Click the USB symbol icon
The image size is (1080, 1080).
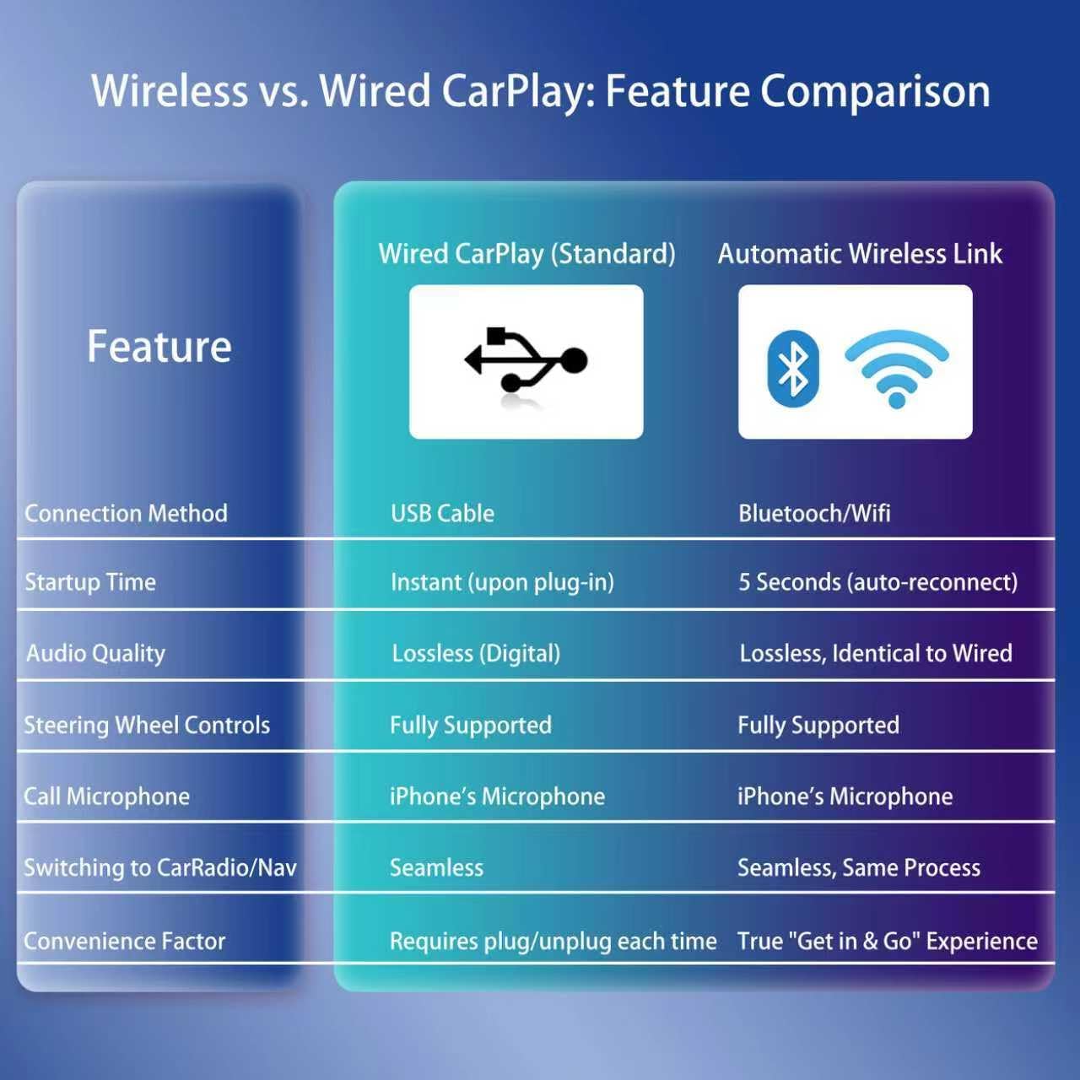pyautogui.click(x=526, y=360)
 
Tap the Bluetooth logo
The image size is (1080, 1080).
pyautogui.click(x=793, y=368)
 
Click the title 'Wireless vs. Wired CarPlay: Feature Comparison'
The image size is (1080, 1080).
pyautogui.click(x=540, y=91)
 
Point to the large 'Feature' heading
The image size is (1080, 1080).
pyautogui.click(x=159, y=346)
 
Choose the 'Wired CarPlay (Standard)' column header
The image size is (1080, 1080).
pyautogui.click(x=526, y=254)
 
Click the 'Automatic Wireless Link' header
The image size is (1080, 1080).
pyautogui.click(x=860, y=254)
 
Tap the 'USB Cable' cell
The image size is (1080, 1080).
pyautogui.click(x=442, y=513)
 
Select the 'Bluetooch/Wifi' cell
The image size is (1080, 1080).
pyautogui.click(x=814, y=513)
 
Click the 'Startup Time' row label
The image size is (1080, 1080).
pyautogui.click(x=90, y=582)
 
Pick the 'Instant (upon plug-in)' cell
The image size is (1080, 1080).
pyautogui.click(x=502, y=582)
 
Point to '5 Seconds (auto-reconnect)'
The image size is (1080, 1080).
pyautogui.click(x=877, y=582)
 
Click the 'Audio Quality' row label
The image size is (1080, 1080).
pyautogui.click(x=95, y=653)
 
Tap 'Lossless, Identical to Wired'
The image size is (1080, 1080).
pyautogui.click(x=876, y=653)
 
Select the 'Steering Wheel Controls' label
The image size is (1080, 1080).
pyautogui.click(x=147, y=725)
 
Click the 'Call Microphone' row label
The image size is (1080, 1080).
pyautogui.click(x=107, y=796)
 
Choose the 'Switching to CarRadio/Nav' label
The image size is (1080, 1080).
pyautogui.click(x=160, y=867)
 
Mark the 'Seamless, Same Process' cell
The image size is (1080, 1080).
pyautogui.click(x=859, y=867)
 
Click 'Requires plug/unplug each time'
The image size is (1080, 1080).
pyautogui.click(x=553, y=941)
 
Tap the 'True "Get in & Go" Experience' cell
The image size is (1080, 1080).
pyautogui.click(x=888, y=941)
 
